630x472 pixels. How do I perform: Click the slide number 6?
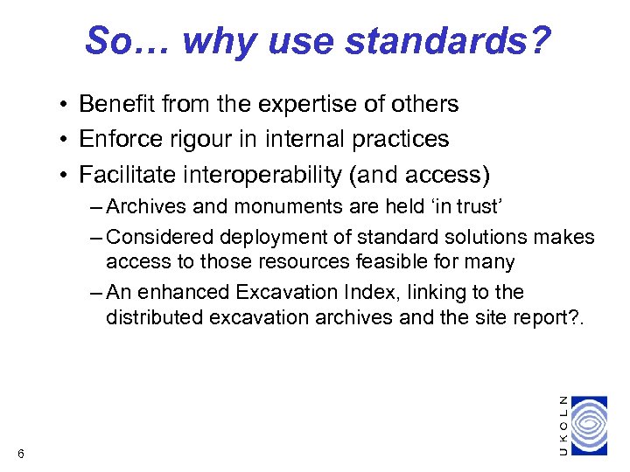20,452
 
